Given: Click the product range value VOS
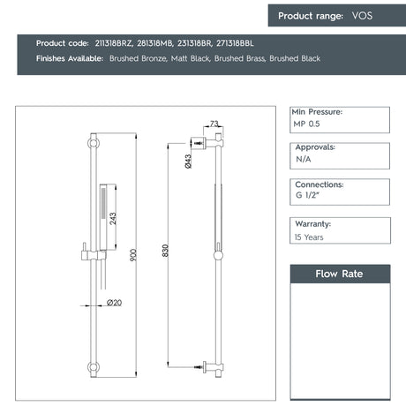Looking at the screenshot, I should (363, 16).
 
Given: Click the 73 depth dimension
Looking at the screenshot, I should (214, 124).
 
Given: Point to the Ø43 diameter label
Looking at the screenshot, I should (189, 161).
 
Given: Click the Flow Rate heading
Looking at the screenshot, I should (340, 274).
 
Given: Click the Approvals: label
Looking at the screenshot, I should (314, 148).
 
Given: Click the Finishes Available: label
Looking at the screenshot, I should (70, 58).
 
